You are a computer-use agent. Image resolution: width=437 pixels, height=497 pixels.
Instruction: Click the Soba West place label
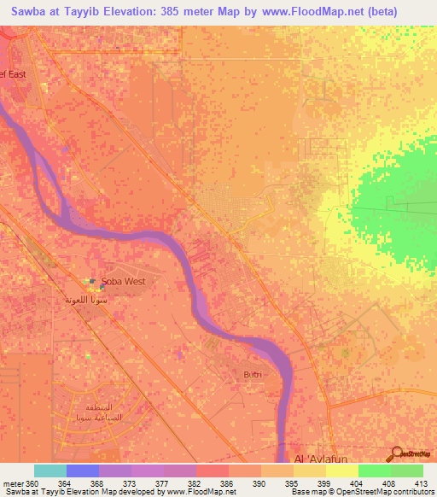pos(124,281)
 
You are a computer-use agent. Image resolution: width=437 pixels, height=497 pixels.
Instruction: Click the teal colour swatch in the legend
pos(50,471)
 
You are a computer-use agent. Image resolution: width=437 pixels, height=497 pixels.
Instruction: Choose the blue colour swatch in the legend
pos(83,471)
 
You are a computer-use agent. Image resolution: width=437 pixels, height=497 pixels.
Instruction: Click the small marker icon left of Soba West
pos(93,281)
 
